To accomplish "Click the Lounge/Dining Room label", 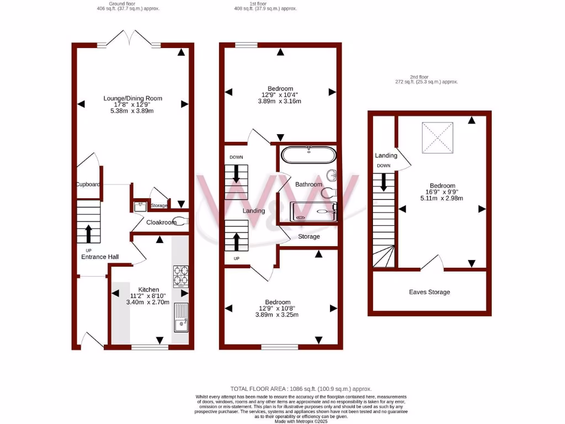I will pyautogui.click(x=133, y=98).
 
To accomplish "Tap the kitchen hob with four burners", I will pyautogui.click(x=180, y=277).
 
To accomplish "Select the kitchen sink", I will pyautogui.click(x=181, y=317).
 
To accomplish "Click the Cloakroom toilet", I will pyautogui.click(x=183, y=221).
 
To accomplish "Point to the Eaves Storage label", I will pyautogui.click(x=429, y=292).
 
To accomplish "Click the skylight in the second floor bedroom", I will pyautogui.click(x=438, y=137).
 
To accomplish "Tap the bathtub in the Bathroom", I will pyautogui.click(x=308, y=155).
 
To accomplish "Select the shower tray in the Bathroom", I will pyautogui.click(x=313, y=211).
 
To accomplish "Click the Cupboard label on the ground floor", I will pyautogui.click(x=88, y=184).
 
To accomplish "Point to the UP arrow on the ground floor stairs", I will pyautogui.click(x=88, y=233).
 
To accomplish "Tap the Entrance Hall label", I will pyautogui.click(x=100, y=257).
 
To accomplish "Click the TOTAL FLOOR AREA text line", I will pyautogui.click(x=301, y=389).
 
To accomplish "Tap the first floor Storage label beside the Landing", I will pyautogui.click(x=308, y=236).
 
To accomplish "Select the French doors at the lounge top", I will pyautogui.click(x=129, y=40).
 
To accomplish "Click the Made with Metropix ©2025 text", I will pyautogui.click(x=301, y=421).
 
